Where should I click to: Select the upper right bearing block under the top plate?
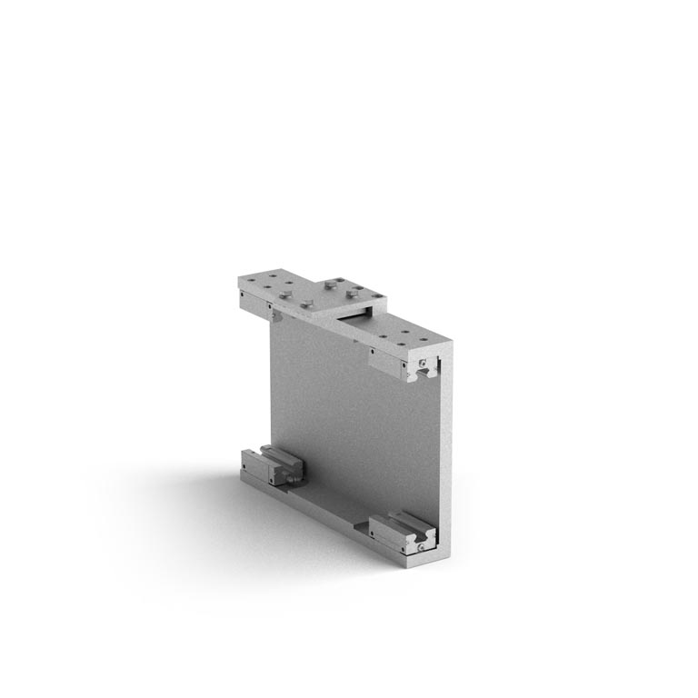point(400,364)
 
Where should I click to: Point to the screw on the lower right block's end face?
point(423,545)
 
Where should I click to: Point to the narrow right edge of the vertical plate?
point(445,454)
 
